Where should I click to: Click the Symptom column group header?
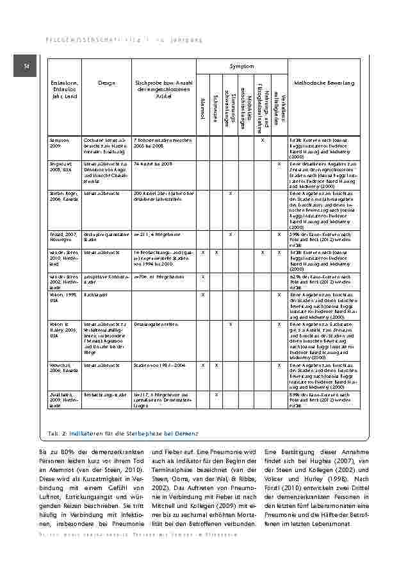click(241, 66)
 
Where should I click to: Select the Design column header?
click(106, 83)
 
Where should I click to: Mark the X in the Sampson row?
click(263, 139)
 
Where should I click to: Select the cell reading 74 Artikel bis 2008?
click(153, 164)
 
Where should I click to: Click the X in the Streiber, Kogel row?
click(231, 192)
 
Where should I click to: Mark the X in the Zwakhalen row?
click(216, 394)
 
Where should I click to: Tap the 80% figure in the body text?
click(67, 453)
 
